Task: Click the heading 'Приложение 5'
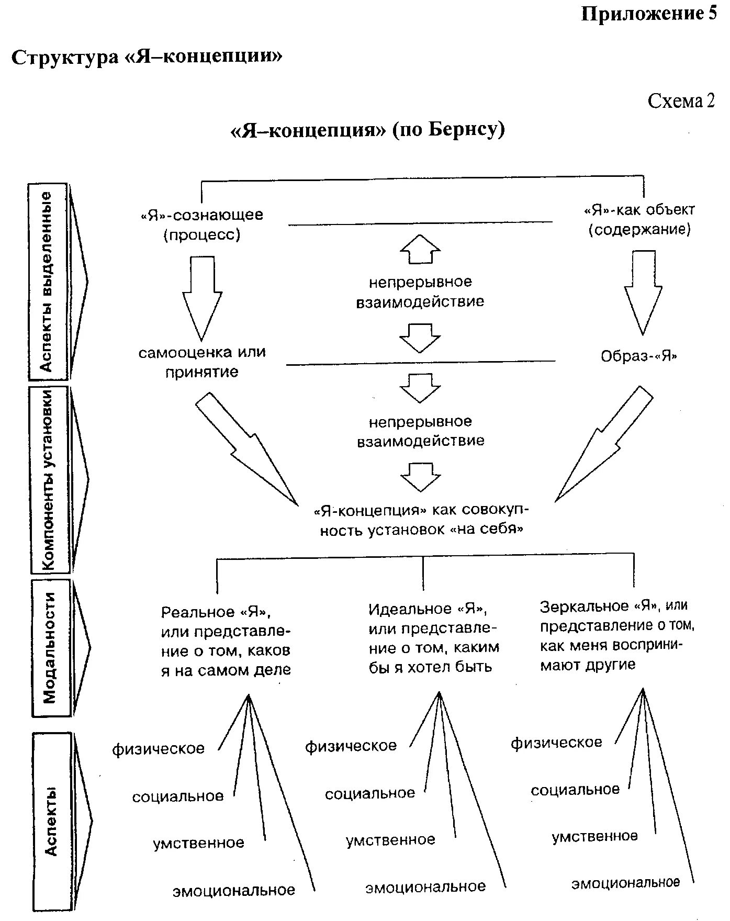(648, 14)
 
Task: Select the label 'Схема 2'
(681, 100)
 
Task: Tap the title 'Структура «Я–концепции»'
(147, 57)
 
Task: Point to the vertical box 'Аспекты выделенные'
(48, 281)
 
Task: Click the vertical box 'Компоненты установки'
(49, 479)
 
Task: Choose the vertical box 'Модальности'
(51, 647)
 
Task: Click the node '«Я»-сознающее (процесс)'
(202, 224)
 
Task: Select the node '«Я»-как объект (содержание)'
(639, 220)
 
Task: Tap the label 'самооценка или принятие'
(202, 362)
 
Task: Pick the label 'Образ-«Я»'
(639, 356)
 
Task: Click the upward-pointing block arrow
(420, 249)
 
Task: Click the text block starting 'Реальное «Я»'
(226, 641)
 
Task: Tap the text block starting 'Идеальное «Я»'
(434, 638)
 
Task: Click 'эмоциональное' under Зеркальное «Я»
(625, 883)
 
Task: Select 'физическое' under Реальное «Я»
(158, 749)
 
